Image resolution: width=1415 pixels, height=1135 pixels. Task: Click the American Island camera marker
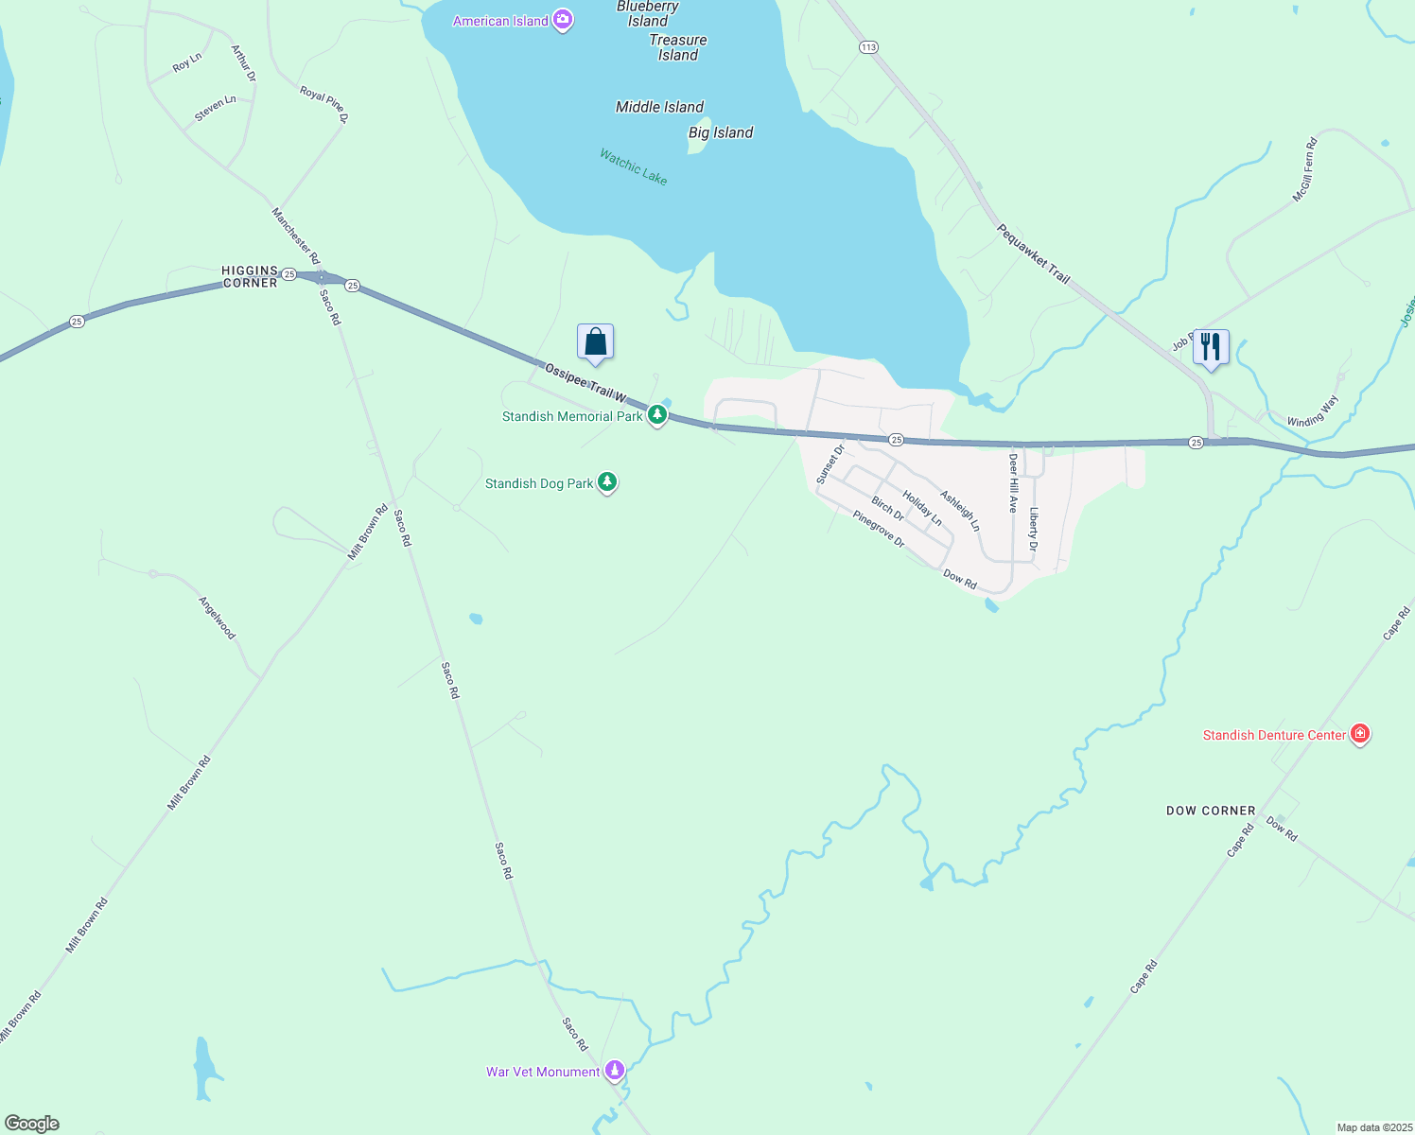[x=563, y=20]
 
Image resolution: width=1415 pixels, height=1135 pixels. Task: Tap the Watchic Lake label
[x=633, y=166]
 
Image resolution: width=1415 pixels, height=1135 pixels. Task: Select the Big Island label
[x=721, y=132]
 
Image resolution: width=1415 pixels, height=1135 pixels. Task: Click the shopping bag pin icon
[x=595, y=341]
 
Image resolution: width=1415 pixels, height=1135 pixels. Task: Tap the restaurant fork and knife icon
[x=1211, y=347]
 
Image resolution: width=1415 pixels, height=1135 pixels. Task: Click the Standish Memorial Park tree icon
[x=657, y=415]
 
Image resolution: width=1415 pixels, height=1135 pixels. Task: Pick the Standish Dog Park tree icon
[x=607, y=483]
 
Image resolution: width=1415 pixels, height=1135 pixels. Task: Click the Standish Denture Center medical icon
[x=1360, y=734]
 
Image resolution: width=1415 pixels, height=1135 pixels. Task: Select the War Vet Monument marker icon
[x=615, y=1071]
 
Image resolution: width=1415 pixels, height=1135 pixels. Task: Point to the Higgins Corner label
[x=250, y=276]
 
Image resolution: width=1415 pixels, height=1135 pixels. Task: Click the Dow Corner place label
[x=1211, y=811]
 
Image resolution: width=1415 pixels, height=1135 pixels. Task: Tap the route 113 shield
[x=868, y=47]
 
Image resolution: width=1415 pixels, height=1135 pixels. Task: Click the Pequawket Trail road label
[x=1033, y=253]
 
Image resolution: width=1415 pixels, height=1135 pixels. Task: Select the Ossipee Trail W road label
[x=586, y=380]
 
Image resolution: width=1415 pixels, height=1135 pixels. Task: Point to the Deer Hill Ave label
[x=1013, y=483]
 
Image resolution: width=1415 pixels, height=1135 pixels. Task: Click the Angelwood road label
[x=217, y=618]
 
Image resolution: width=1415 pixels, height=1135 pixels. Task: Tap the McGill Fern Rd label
[x=1305, y=171]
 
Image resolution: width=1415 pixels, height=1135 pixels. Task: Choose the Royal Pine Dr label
[x=324, y=105]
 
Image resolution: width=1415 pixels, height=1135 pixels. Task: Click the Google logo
[x=32, y=1124]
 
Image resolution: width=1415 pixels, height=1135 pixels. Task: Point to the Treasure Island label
[x=678, y=47]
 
